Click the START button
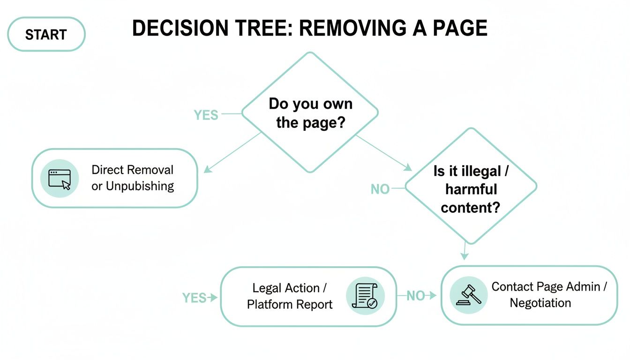tap(46, 34)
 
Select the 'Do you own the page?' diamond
tap(310, 112)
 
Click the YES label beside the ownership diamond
tap(206, 114)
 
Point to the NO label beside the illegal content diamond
tap(380, 189)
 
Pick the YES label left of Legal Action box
tap(194, 298)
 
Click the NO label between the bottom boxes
tap(415, 296)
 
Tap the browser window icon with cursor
tap(60, 179)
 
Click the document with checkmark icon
tap(365, 296)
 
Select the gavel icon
tap(468, 295)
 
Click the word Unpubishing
tap(140, 186)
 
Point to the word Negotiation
tap(540, 303)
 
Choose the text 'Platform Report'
tap(290, 304)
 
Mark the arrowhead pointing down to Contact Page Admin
tap(464, 256)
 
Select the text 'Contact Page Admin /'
tap(549, 286)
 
